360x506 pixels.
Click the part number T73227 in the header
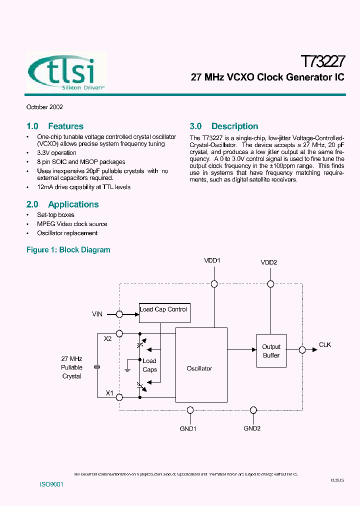point(322,62)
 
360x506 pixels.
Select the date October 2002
point(44,107)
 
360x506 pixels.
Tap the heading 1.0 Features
point(54,126)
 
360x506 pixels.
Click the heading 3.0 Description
point(224,126)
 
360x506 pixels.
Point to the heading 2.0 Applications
point(62,204)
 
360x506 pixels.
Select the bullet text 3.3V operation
point(56,153)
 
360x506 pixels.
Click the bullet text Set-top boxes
point(55,215)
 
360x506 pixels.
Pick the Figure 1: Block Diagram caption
point(68,250)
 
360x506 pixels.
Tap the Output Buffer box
point(271,351)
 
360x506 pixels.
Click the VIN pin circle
point(119,314)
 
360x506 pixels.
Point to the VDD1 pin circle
point(214,284)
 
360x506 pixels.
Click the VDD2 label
point(268,262)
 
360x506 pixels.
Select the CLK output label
point(325,345)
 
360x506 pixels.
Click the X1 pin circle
point(119,397)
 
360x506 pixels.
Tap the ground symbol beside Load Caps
point(128,368)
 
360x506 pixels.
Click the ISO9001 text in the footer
point(51,485)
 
